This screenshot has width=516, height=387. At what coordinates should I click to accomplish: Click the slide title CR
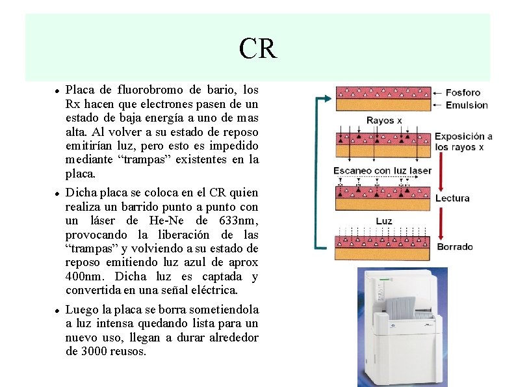(x=258, y=48)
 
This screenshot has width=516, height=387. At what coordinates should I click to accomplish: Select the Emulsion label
(x=467, y=105)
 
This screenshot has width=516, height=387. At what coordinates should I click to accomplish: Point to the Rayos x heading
(x=384, y=120)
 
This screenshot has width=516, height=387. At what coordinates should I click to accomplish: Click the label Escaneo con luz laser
(x=382, y=171)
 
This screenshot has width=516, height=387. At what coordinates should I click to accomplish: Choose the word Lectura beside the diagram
(x=452, y=198)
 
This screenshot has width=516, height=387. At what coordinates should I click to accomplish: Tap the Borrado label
(x=455, y=247)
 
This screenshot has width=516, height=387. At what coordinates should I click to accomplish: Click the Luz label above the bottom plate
(x=384, y=221)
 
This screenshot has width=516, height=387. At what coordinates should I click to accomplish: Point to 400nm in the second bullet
(x=83, y=276)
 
